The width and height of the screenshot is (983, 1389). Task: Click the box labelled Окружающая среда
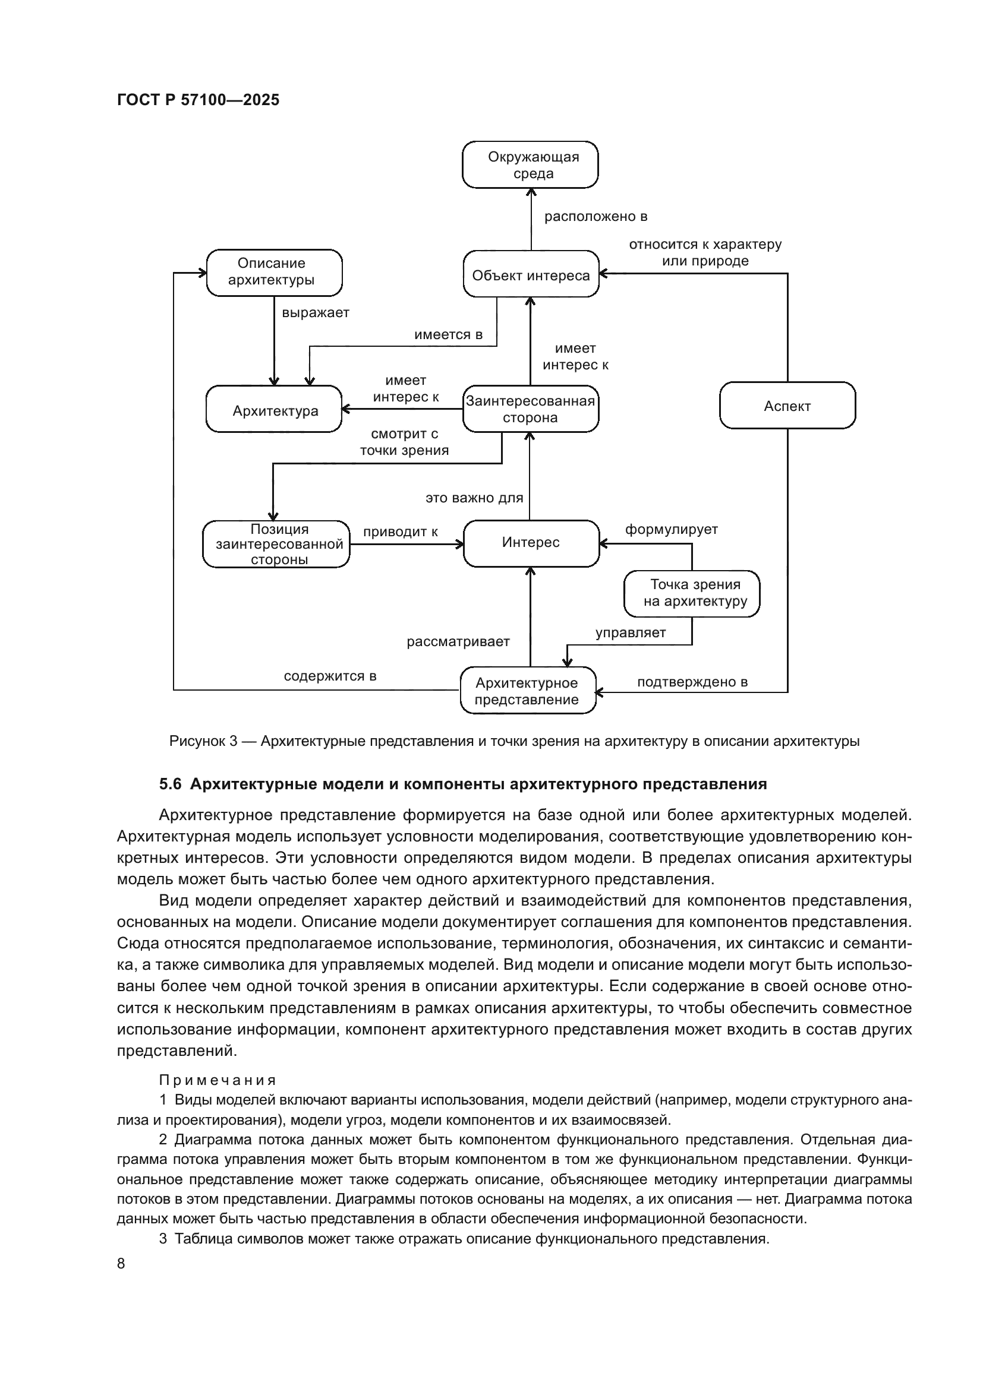point(530,165)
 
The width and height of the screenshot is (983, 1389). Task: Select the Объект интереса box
point(531,276)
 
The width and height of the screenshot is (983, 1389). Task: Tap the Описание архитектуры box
point(274,272)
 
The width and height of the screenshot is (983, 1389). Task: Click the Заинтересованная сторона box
point(530,410)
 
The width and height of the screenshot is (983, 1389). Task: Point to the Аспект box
point(787,406)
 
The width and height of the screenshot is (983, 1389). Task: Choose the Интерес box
point(531,543)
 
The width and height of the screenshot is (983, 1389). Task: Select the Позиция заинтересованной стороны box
point(276,544)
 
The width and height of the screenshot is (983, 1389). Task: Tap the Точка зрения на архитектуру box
point(692,593)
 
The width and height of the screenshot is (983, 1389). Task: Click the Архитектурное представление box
point(527,691)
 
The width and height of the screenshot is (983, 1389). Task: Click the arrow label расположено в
point(596,217)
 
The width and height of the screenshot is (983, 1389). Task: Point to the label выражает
point(316,313)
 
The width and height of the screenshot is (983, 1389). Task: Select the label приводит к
point(400,531)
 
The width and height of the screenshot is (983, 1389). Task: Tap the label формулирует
point(671,529)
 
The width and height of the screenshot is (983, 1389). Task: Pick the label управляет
point(630,633)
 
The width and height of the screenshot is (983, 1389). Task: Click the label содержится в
point(330,676)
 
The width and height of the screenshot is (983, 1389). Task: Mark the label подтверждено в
point(692,682)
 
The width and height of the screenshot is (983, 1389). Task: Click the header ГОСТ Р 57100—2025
point(198,100)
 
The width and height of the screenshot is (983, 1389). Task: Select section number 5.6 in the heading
point(170,784)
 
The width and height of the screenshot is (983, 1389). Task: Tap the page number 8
point(121,1263)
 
